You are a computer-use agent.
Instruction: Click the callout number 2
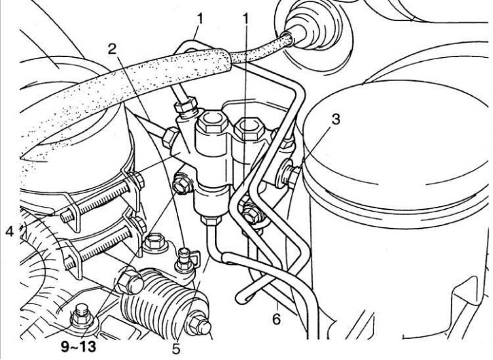tap(112, 50)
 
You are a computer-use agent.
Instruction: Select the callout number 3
tap(336, 120)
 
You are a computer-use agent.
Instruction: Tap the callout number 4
tap(10, 233)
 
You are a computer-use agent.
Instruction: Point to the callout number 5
tap(175, 348)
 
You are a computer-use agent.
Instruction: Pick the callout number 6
tap(276, 319)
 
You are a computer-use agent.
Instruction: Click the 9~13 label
tap(78, 347)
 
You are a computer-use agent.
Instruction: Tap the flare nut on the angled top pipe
tap(186, 107)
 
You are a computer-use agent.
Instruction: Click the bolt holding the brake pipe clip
tap(252, 213)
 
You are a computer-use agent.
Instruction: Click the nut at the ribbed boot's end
tap(199, 327)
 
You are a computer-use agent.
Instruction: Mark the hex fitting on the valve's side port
tap(169, 137)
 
